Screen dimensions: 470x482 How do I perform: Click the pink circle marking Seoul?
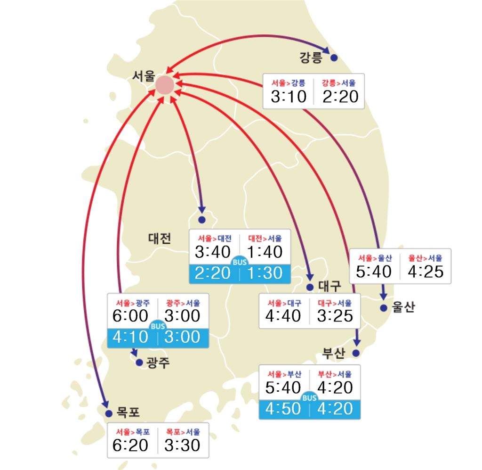click(165, 85)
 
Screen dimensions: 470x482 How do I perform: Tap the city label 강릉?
click(311, 58)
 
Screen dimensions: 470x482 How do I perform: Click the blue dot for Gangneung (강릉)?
click(334, 58)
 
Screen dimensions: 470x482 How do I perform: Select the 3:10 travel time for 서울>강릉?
click(289, 97)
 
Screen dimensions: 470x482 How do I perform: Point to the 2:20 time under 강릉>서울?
click(340, 97)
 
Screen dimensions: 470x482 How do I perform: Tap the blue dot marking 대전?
click(202, 220)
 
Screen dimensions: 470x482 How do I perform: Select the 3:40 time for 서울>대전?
click(213, 252)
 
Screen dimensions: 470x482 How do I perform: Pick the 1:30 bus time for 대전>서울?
click(265, 273)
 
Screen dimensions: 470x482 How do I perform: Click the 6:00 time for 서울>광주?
click(130, 316)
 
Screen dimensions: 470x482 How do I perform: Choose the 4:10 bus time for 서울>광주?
click(130, 337)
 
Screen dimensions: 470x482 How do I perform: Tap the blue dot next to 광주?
click(139, 363)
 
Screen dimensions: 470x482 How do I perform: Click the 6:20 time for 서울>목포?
click(130, 445)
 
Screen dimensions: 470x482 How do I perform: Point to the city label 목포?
click(129, 413)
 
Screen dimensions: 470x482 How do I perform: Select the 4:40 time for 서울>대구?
click(283, 316)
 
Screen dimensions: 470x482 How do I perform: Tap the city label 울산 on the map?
click(403, 308)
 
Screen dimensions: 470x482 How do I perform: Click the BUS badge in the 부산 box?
click(310, 399)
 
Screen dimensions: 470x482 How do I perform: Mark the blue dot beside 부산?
click(356, 353)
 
